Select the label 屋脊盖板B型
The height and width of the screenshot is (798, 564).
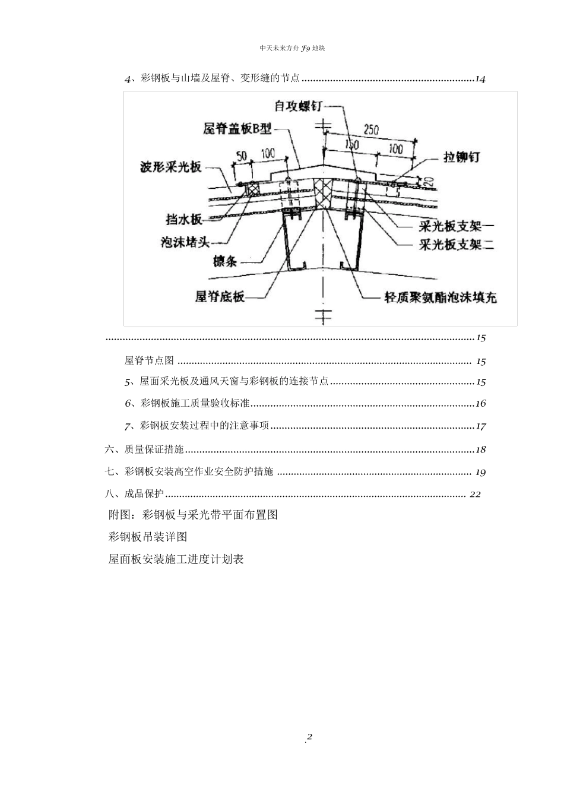click(x=236, y=128)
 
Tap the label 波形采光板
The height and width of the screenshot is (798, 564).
click(x=170, y=167)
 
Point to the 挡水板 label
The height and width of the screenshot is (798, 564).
click(x=184, y=220)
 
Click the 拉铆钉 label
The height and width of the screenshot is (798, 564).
click(x=462, y=157)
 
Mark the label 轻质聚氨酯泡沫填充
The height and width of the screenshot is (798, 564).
click(x=440, y=297)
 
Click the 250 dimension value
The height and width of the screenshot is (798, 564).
click(x=371, y=129)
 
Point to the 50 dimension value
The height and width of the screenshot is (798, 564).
click(x=242, y=156)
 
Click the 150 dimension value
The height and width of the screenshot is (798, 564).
click(x=352, y=144)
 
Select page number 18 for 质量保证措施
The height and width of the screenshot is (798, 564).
click(x=480, y=450)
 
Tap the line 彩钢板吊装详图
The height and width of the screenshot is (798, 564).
click(x=148, y=537)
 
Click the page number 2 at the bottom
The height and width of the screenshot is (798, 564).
click(x=309, y=737)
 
